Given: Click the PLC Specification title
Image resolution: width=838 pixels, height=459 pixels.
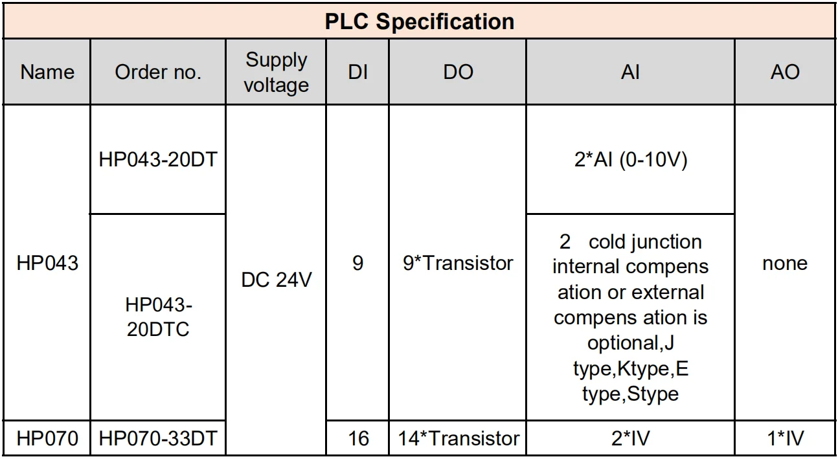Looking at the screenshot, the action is pyautogui.click(x=419, y=21).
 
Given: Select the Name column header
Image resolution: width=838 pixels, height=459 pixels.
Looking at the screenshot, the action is pyautogui.click(x=47, y=72).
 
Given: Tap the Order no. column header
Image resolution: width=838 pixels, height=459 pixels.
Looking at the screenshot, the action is pyautogui.click(x=158, y=72).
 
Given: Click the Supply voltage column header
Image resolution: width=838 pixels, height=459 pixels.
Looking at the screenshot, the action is pyautogui.click(x=277, y=72).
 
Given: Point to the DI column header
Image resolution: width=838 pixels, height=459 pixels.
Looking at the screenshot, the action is pyautogui.click(x=357, y=72).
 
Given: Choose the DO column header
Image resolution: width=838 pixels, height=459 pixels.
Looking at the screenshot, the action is pyautogui.click(x=458, y=72).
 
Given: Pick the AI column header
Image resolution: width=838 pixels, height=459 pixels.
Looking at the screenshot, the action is pyautogui.click(x=629, y=72).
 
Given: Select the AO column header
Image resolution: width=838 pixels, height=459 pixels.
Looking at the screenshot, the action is pyautogui.click(x=785, y=72).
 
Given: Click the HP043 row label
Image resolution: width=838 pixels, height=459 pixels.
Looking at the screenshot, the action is pyautogui.click(x=47, y=263).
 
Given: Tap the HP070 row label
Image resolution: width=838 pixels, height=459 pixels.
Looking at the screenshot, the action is pyautogui.click(x=47, y=438).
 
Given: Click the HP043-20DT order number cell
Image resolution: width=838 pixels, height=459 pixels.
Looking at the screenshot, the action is pyautogui.click(x=158, y=159).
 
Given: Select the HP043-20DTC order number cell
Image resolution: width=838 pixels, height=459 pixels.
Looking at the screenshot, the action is pyautogui.click(x=158, y=317).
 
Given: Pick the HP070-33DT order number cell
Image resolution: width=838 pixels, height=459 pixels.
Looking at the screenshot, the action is pyautogui.click(x=158, y=438).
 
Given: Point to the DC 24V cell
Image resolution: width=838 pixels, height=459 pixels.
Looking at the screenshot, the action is pyautogui.click(x=277, y=280).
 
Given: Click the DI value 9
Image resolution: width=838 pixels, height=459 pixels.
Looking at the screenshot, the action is pyautogui.click(x=357, y=263).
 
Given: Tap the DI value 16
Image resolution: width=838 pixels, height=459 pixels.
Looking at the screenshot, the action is pyautogui.click(x=357, y=438).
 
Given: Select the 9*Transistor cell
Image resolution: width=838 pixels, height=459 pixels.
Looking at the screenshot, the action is pyautogui.click(x=458, y=263).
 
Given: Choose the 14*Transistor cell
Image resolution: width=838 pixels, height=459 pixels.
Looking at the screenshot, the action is pyautogui.click(x=458, y=438).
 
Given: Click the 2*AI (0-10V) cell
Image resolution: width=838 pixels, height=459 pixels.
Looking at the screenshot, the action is pyautogui.click(x=629, y=159).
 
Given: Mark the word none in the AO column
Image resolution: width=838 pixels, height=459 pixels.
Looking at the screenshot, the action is pyautogui.click(x=785, y=263).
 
